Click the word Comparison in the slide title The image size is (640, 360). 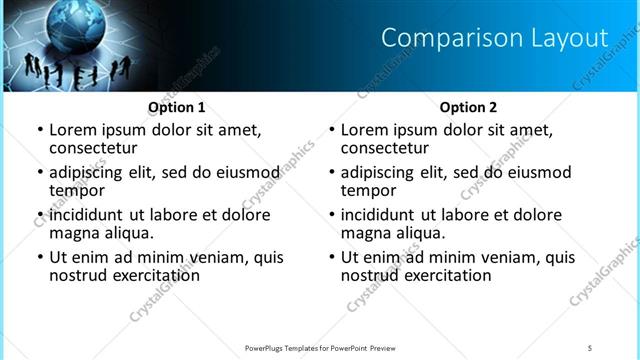(439, 38)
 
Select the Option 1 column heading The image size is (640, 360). (177, 107)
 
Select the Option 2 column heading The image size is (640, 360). (469, 107)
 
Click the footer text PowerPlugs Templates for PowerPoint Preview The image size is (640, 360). (320, 347)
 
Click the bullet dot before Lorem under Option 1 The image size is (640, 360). (40, 131)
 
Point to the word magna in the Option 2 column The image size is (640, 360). (366, 233)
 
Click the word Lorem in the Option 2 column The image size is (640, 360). (365, 130)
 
